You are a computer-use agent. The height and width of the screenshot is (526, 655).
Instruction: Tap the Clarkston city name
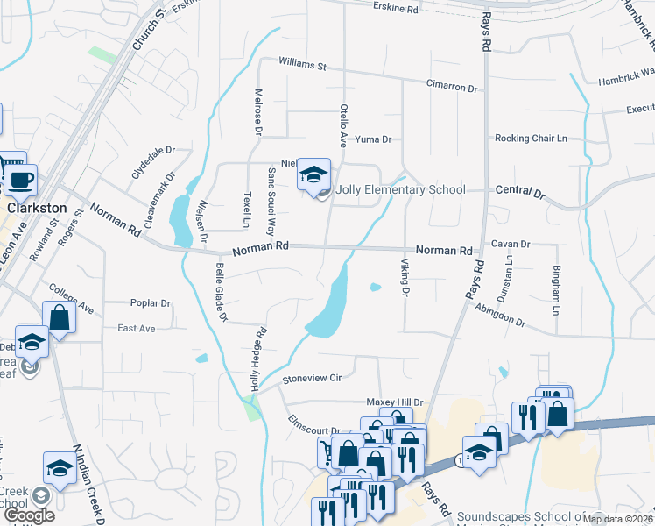pos(36,209)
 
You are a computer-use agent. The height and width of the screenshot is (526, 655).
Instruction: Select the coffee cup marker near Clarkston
pos(21,181)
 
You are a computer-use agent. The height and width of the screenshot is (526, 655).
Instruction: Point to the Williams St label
pos(302,65)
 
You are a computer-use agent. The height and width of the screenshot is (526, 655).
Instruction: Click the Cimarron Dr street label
pos(452,89)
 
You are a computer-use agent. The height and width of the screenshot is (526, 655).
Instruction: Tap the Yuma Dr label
pos(372,139)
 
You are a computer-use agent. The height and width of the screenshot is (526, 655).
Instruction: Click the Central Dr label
pos(520,190)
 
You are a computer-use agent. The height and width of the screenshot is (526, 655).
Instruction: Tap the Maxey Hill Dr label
pos(394,402)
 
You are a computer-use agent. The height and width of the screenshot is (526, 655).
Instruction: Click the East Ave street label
pos(136,328)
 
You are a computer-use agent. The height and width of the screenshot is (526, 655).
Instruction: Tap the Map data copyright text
pos(618,519)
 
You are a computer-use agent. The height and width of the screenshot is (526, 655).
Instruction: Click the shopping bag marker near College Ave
pos(59,317)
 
